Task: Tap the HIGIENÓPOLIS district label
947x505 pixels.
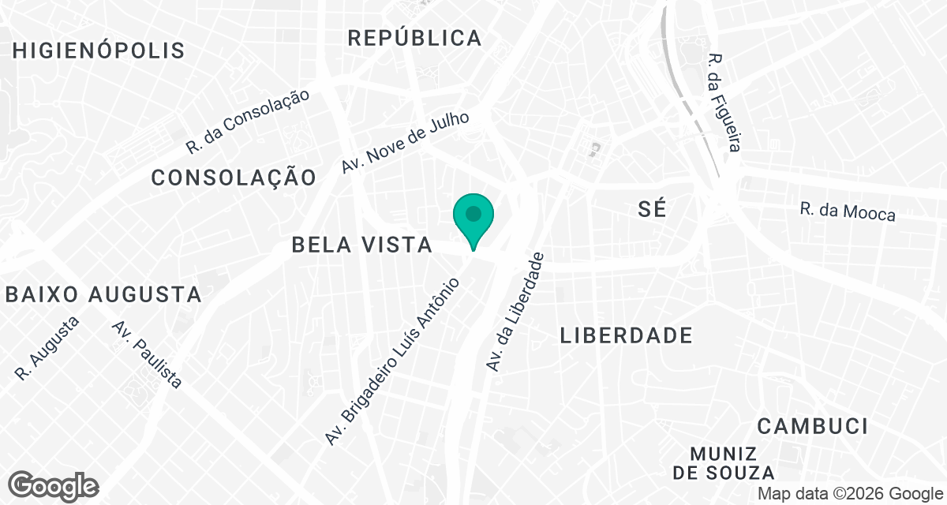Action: (x=99, y=51)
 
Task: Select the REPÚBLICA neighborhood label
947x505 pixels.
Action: (x=414, y=37)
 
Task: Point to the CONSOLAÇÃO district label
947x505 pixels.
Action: (x=234, y=178)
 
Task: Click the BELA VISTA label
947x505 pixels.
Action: (x=362, y=245)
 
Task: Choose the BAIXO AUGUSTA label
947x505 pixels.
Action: (x=103, y=295)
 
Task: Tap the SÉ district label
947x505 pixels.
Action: (x=652, y=209)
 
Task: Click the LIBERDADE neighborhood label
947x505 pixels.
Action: (x=627, y=335)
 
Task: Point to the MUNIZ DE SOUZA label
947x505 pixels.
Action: (x=724, y=463)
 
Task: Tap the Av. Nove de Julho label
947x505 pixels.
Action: (x=406, y=142)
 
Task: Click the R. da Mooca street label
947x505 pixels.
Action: (x=848, y=211)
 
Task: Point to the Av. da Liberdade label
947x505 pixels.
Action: (x=515, y=312)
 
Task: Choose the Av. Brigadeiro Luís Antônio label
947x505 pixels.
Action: (x=392, y=360)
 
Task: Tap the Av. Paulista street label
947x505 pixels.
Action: (x=148, y=354)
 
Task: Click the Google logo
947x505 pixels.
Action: (x=54, y=485)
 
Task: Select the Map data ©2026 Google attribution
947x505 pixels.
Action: (x=848, y=494)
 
